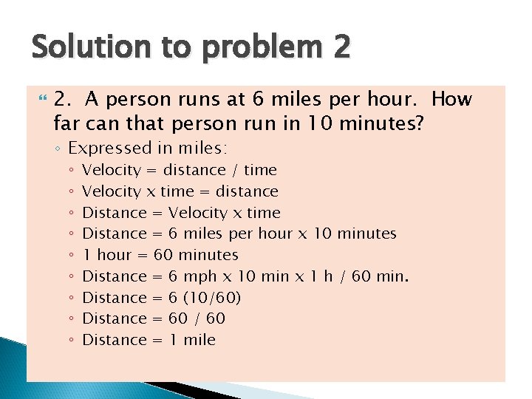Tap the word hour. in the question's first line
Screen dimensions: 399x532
point(396,99)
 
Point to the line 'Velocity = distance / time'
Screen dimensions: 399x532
point(179,170)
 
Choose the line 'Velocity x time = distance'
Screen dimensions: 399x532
point(180,191)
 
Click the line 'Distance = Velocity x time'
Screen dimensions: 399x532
point(181,213)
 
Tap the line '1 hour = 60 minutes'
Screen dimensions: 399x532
point(160,255)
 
